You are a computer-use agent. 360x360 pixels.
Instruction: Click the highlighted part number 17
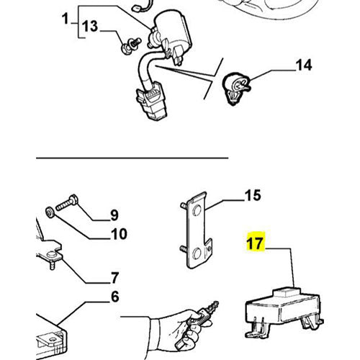[255, 243]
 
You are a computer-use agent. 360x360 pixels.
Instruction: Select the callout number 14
[304, 65]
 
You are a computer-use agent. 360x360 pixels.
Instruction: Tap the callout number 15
[253, 195]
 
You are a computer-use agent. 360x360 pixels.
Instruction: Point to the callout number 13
[90, 26]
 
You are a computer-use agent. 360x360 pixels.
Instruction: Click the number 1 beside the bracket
[66, 19]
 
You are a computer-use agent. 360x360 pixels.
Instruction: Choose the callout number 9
[114, 215]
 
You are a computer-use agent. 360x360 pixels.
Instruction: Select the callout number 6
[115, 297]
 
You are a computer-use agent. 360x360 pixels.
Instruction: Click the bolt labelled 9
[66, 202]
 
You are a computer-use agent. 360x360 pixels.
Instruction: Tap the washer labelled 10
[50, 213]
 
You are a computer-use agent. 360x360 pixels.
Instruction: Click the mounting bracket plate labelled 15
[197, 230]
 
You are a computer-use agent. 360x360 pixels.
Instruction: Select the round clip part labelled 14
[237, 87]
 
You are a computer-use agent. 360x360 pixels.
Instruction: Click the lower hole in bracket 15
[197, 253]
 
